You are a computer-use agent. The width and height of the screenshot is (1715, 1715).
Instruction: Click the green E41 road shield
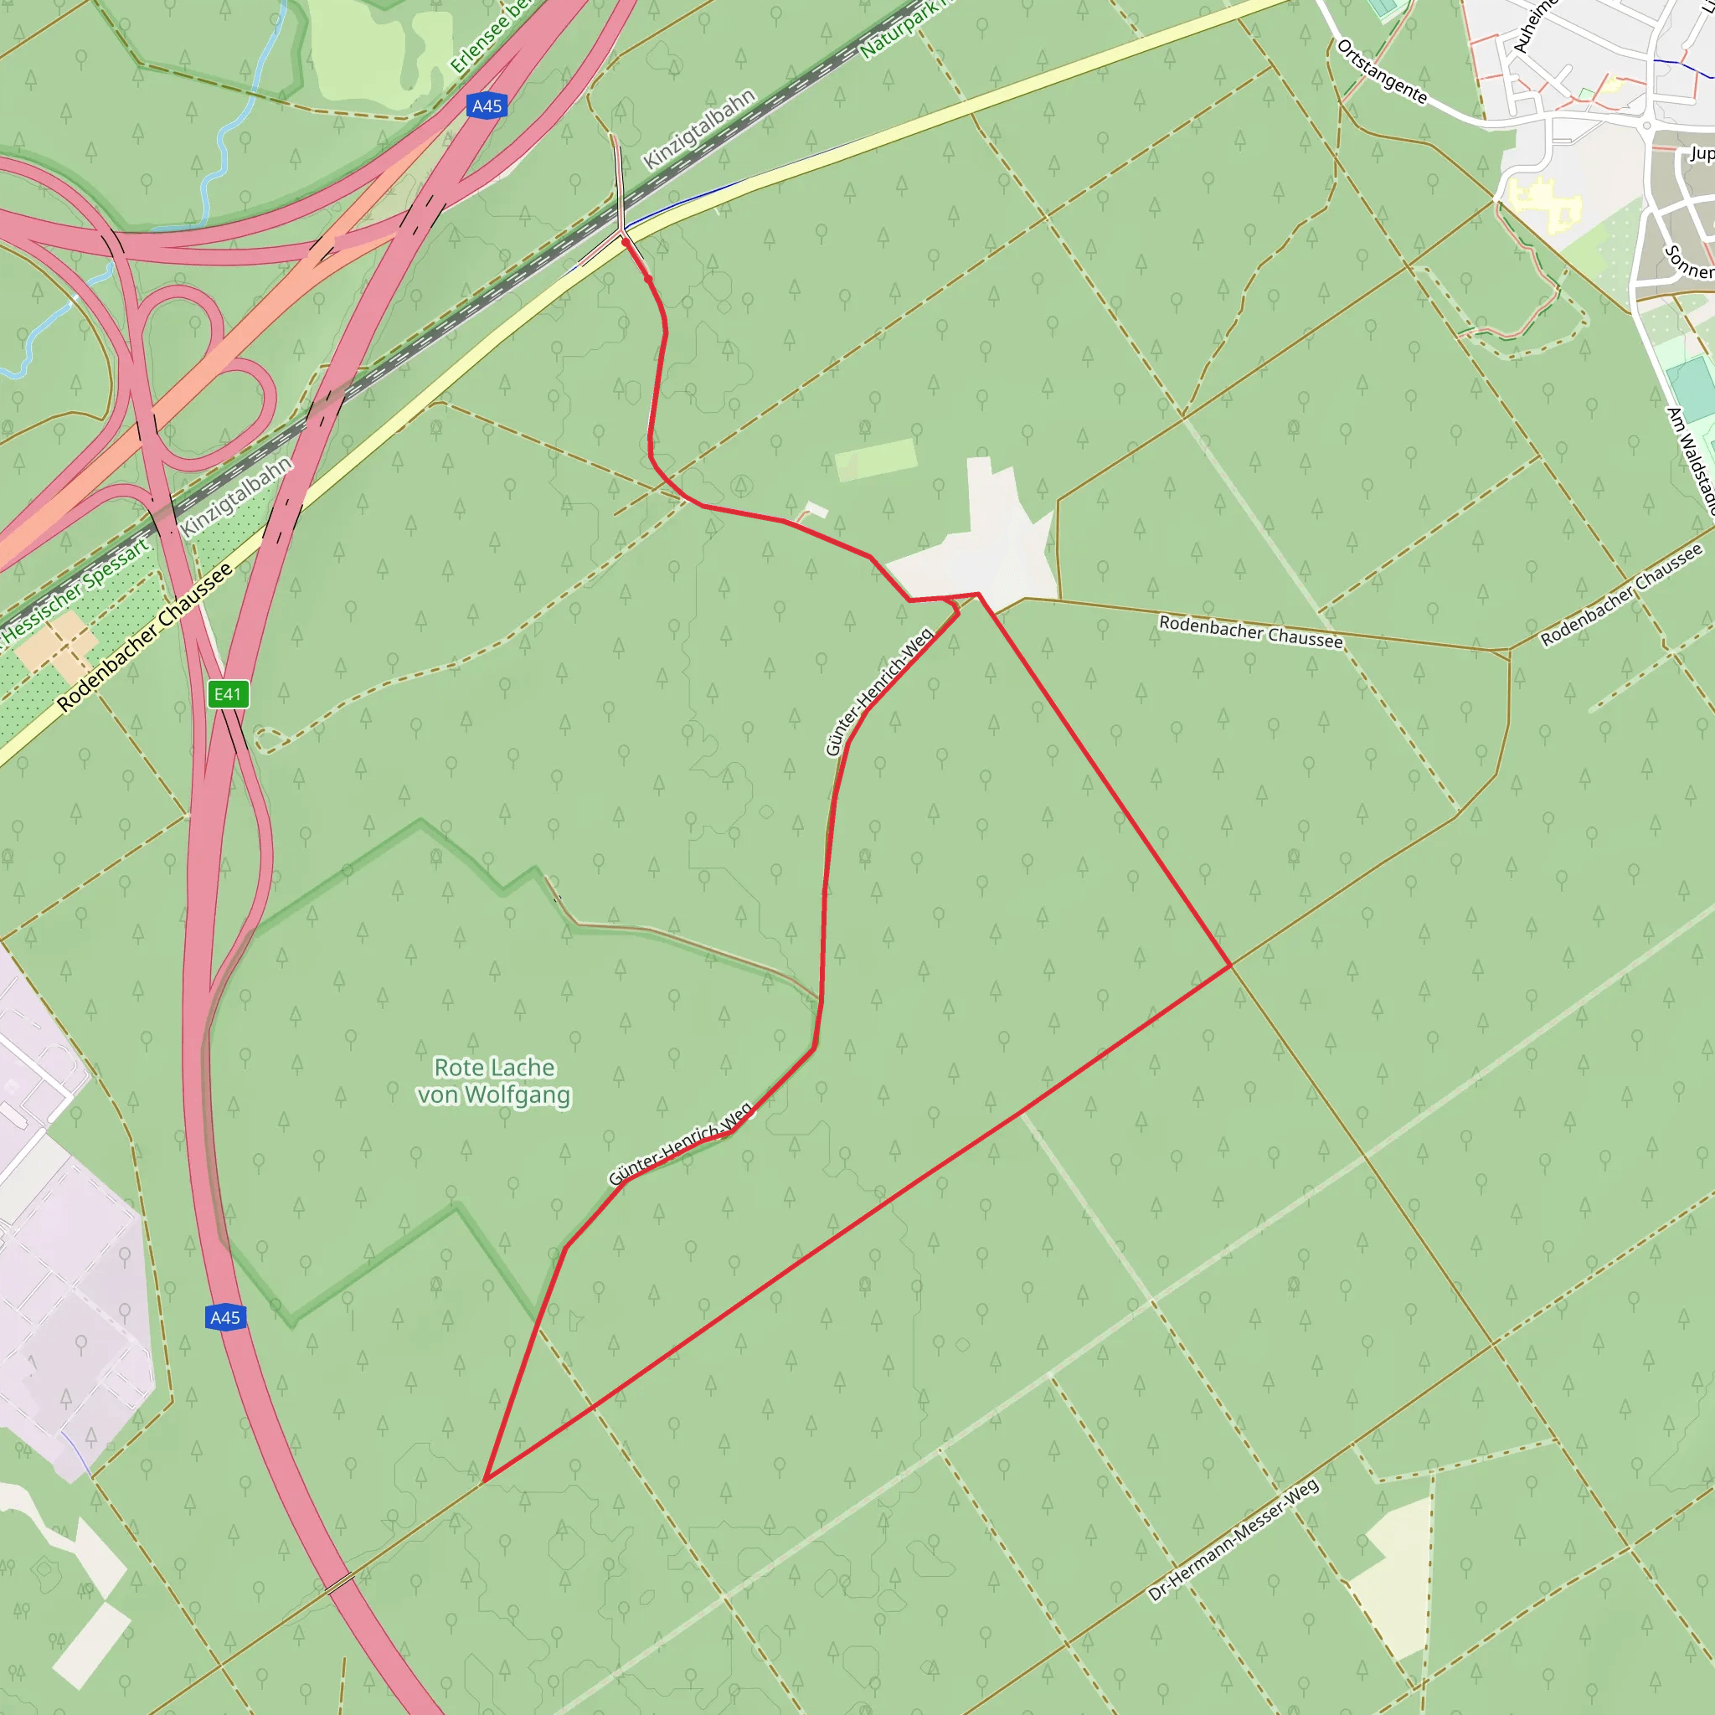pos(228,694)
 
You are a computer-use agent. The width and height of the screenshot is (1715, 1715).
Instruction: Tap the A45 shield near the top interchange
pos(487,106)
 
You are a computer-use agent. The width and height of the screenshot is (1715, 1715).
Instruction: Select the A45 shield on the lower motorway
pos(224,1317)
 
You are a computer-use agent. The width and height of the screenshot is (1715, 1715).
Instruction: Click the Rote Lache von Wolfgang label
pos(494,1080)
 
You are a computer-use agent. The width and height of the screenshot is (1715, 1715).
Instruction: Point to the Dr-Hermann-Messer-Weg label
pos(1233,1540)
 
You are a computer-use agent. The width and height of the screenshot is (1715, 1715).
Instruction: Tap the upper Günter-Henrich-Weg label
pos(878,692)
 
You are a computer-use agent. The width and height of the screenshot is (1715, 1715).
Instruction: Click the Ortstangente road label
pos(1381,72)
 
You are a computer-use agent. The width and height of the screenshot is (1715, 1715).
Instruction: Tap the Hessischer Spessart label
pos(76,590)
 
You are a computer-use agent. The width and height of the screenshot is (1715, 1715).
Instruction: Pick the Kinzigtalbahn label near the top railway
pos(698,129)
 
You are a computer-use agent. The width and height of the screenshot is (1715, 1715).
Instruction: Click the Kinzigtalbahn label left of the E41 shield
pos(236,497)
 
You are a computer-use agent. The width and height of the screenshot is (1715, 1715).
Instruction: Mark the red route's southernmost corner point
pos(484,1481)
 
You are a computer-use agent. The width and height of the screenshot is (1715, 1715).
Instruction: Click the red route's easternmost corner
pos(1230,965)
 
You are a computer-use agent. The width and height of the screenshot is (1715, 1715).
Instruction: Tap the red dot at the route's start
pos(625,241)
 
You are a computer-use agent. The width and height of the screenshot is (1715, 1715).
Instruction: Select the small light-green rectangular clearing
pos(875,459)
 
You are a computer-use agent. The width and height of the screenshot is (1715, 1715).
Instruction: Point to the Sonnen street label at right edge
pos(1687,262)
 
